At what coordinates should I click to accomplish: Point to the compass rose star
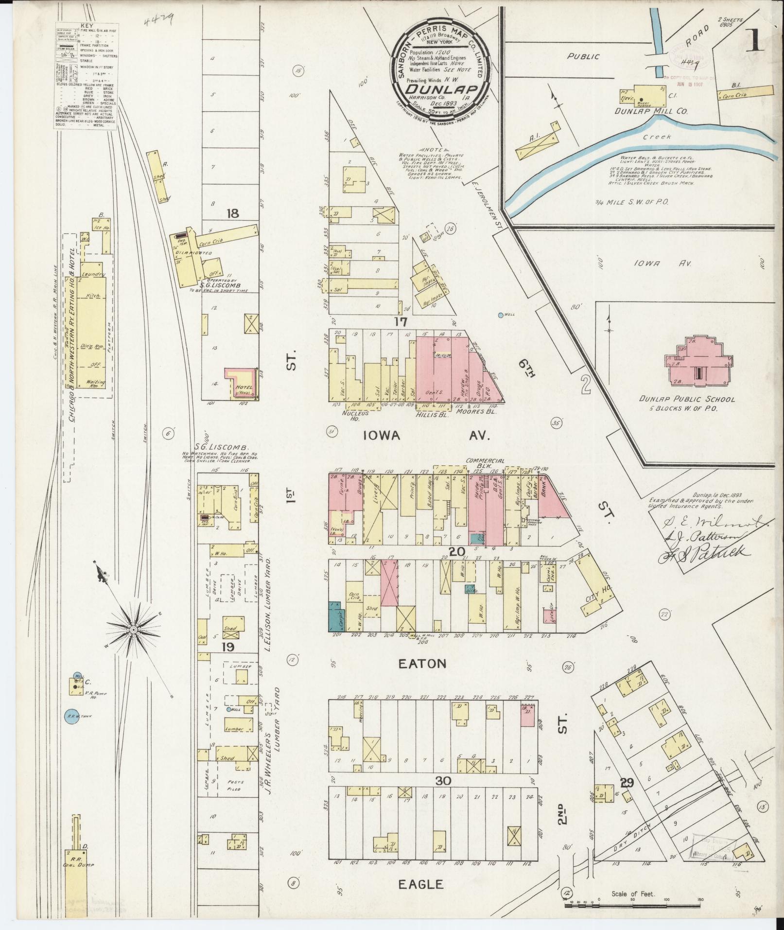133,629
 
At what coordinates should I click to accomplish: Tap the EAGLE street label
421,884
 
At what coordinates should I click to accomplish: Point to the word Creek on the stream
658,137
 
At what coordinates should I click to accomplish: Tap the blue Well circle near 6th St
501,315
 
